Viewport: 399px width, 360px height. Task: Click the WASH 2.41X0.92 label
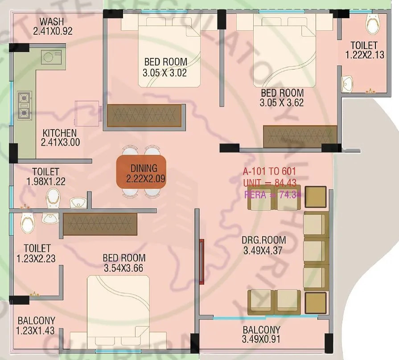click(x=53, y=26)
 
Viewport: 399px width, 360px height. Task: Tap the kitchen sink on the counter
click(x=49, y=57)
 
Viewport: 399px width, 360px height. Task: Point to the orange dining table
click(x=141, y=172)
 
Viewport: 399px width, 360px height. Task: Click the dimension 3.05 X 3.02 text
click(x=165, y=72)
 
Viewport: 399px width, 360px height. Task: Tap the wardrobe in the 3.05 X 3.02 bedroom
click(x=144, y=115)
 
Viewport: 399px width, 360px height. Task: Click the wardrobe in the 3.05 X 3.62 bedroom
click(x=300, y=135)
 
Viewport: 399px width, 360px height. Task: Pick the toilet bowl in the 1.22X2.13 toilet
click(x=371, y=22)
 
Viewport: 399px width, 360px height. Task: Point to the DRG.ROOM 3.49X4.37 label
click(x=264, y=245)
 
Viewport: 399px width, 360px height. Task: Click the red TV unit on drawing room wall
click(x=202, y=262)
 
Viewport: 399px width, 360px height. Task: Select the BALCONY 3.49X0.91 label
click(x=262, y=335)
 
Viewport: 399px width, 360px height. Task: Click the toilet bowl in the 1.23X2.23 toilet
click(x=28, y=222)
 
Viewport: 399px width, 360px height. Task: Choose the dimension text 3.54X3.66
click(x=124, y=269)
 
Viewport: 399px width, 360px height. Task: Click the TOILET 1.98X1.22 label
click(x=46, y=177)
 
